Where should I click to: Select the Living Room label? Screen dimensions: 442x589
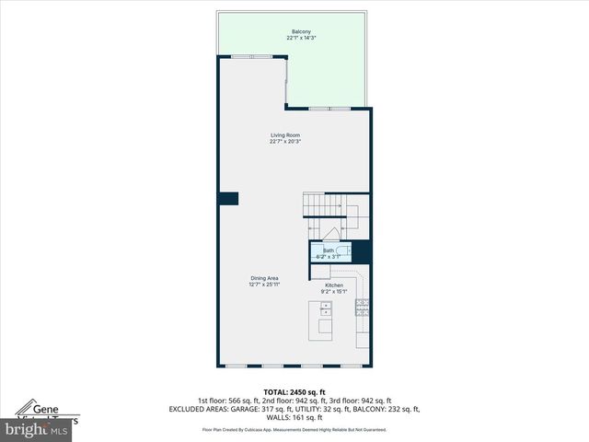(x=285, y=135)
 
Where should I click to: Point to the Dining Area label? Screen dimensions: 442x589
(x=264, y=278)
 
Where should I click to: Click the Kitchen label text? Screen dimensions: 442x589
(x=334, y=285)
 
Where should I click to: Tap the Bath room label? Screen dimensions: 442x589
(x=329, y=250)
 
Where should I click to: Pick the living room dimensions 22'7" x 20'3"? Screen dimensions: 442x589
(x=285, y=142)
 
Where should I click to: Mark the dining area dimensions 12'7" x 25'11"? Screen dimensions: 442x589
(x=264, y=285)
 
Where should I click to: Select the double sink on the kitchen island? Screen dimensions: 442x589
(x=326, y=309)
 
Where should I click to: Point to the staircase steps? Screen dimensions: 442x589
(x=318, y=204)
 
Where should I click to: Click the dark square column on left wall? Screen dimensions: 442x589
(x=228, y=198)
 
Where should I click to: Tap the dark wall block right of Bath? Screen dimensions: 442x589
(x=361, y=251)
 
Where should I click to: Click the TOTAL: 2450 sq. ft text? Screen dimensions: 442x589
(x=294, y=392)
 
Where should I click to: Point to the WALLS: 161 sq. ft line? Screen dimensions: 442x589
(x=294, y=417)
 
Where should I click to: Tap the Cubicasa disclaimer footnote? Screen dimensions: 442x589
(x=294, y=429)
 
